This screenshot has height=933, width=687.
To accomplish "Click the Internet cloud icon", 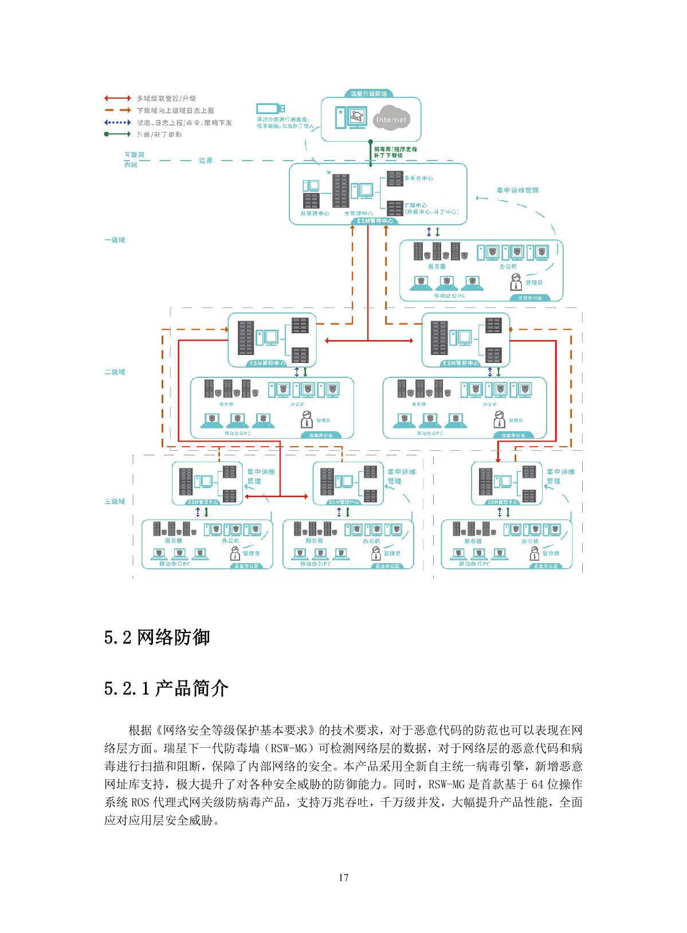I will click(x=391, y=119).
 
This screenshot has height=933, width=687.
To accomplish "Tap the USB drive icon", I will click(x=268, y=108).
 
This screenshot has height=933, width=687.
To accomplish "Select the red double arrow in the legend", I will click(x=117, y=99).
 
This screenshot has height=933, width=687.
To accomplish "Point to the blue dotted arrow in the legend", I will click(x=117, y=123).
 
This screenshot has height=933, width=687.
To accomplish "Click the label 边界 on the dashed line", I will click(x=206, y=161).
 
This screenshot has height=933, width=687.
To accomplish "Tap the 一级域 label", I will click(x=115, y=240).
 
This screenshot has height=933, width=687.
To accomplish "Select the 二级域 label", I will click(x=115, y=372).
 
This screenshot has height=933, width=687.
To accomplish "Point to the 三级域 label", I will click(x=115, y=501).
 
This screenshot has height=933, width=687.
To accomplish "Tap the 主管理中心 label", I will click(x=359, y=213).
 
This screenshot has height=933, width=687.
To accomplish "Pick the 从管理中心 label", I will click(x=315, y=213).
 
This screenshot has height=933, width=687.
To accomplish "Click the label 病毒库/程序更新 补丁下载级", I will click(x=395, y=152).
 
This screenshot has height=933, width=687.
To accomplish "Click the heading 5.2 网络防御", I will click(x=157, y=637).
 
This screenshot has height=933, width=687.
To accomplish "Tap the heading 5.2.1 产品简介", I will click(x=166, y=688).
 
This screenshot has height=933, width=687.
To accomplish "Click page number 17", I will click(x=344, y=877).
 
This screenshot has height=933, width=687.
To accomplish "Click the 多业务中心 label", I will click(x=418, y=178).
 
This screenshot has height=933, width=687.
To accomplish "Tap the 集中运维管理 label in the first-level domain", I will click(x=517, y=190).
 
